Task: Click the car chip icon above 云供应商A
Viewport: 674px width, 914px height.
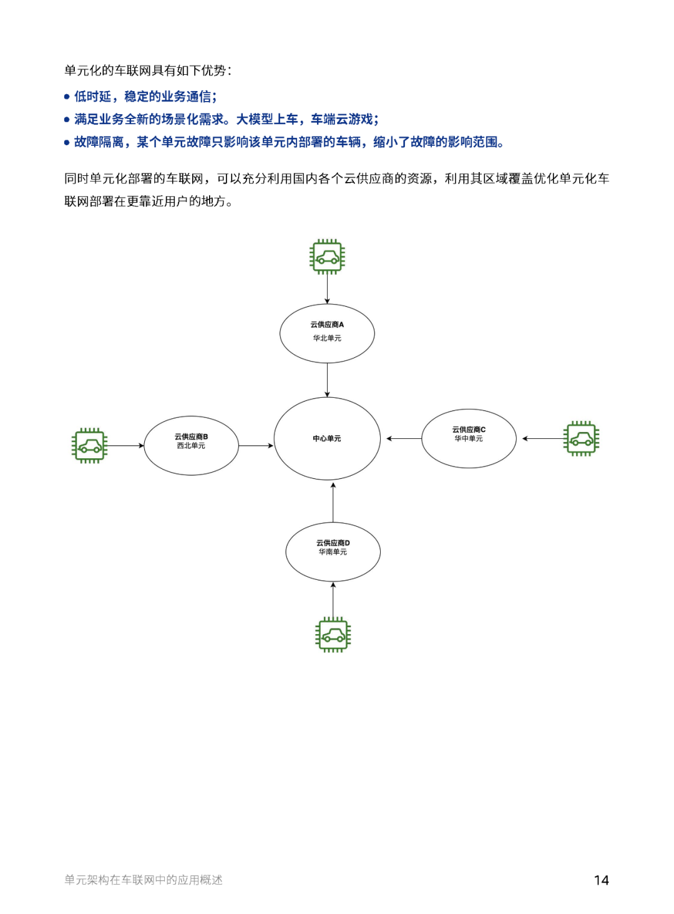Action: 327,257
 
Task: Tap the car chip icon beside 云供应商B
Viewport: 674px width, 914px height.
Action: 89,446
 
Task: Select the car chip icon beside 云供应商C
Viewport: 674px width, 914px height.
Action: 581,439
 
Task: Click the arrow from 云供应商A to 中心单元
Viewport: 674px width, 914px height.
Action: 327,380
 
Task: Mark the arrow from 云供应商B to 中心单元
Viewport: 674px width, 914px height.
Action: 256,446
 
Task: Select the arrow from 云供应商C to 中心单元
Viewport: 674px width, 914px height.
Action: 404,439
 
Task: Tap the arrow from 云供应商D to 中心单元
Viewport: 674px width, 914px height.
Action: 333,503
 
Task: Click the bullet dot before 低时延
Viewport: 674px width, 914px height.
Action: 67,97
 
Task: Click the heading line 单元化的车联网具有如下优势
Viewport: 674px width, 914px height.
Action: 148,70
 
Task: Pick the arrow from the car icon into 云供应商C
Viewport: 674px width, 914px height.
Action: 543,439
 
